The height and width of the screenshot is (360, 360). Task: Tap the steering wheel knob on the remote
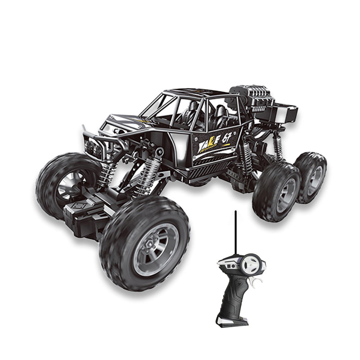[x=251, y=265]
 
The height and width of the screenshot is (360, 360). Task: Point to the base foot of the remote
[x=232, y=321]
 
